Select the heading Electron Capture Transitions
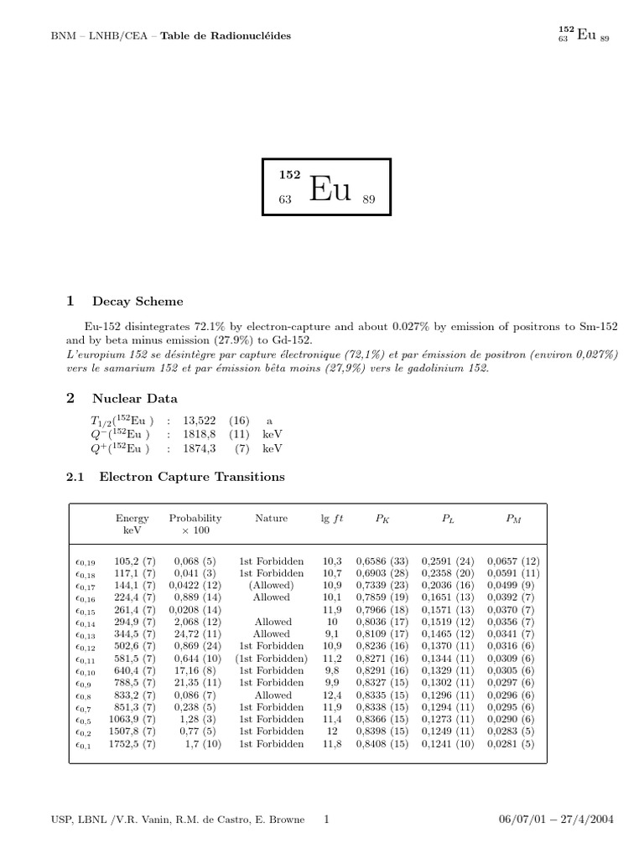click(x=192, y=478)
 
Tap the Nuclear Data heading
click(x=135, y=400)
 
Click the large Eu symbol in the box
click(x=329, y=190)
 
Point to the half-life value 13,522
click(x=200, y=421)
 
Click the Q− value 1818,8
click(x=200, y=435)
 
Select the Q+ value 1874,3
click(x=200, y=448)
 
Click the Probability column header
click(x=195, y=519)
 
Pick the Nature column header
click(x=271, y=519)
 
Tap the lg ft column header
click(x=332, y=519)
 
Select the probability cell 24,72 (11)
click(x=197, y=634)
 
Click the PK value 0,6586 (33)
click(x=382, y=561)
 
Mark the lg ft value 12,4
click(x=332, y=695)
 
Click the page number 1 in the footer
click(x=326, y=819)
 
